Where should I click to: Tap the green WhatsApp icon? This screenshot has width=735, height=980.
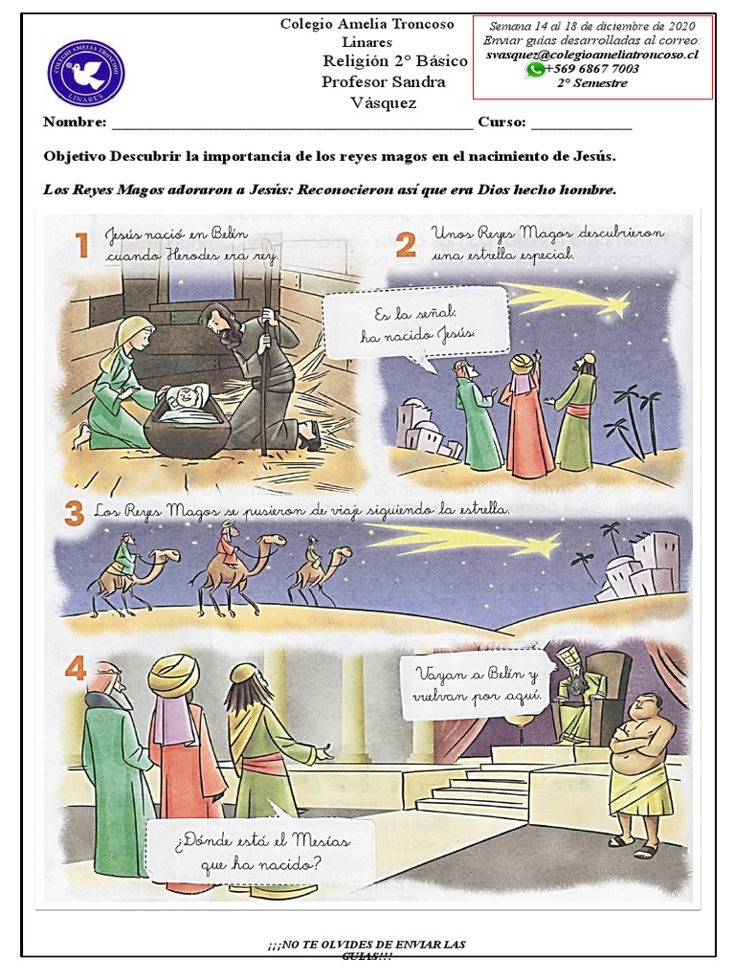534,69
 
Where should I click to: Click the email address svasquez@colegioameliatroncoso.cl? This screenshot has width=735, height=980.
591,55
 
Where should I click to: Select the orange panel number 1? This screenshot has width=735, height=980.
82,247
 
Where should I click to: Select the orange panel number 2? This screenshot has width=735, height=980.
406,245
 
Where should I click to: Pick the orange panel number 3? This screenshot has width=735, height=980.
74,514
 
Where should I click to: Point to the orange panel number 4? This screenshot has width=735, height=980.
75,667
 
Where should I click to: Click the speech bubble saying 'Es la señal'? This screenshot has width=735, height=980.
414,323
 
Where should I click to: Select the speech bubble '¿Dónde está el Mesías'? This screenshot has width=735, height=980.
261,852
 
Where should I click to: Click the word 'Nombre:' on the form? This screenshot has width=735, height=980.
74,122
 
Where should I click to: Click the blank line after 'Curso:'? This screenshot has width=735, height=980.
581,124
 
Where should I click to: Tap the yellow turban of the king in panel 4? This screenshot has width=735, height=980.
173,676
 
